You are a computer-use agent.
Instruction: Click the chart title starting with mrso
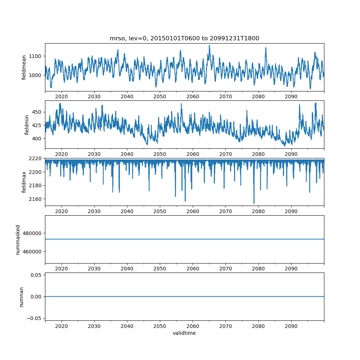[184, 39]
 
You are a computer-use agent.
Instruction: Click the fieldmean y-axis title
[24, 68]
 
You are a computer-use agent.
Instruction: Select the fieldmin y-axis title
[27, 125]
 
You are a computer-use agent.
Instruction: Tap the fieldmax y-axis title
[24, 182]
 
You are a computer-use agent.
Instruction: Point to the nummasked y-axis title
[18, 239]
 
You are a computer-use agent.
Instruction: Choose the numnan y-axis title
[21, 297]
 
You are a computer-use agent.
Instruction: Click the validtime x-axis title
[184, 333]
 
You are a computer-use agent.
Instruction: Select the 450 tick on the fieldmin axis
[37, 112]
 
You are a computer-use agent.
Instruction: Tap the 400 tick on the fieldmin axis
[37, 139]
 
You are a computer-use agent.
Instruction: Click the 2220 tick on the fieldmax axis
[36, 158]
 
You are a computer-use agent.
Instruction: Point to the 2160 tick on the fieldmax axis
[36, 199]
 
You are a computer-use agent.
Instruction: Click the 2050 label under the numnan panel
[160, 326]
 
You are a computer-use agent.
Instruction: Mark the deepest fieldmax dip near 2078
[254, 203]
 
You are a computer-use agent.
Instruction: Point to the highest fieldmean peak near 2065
[209, 46]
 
